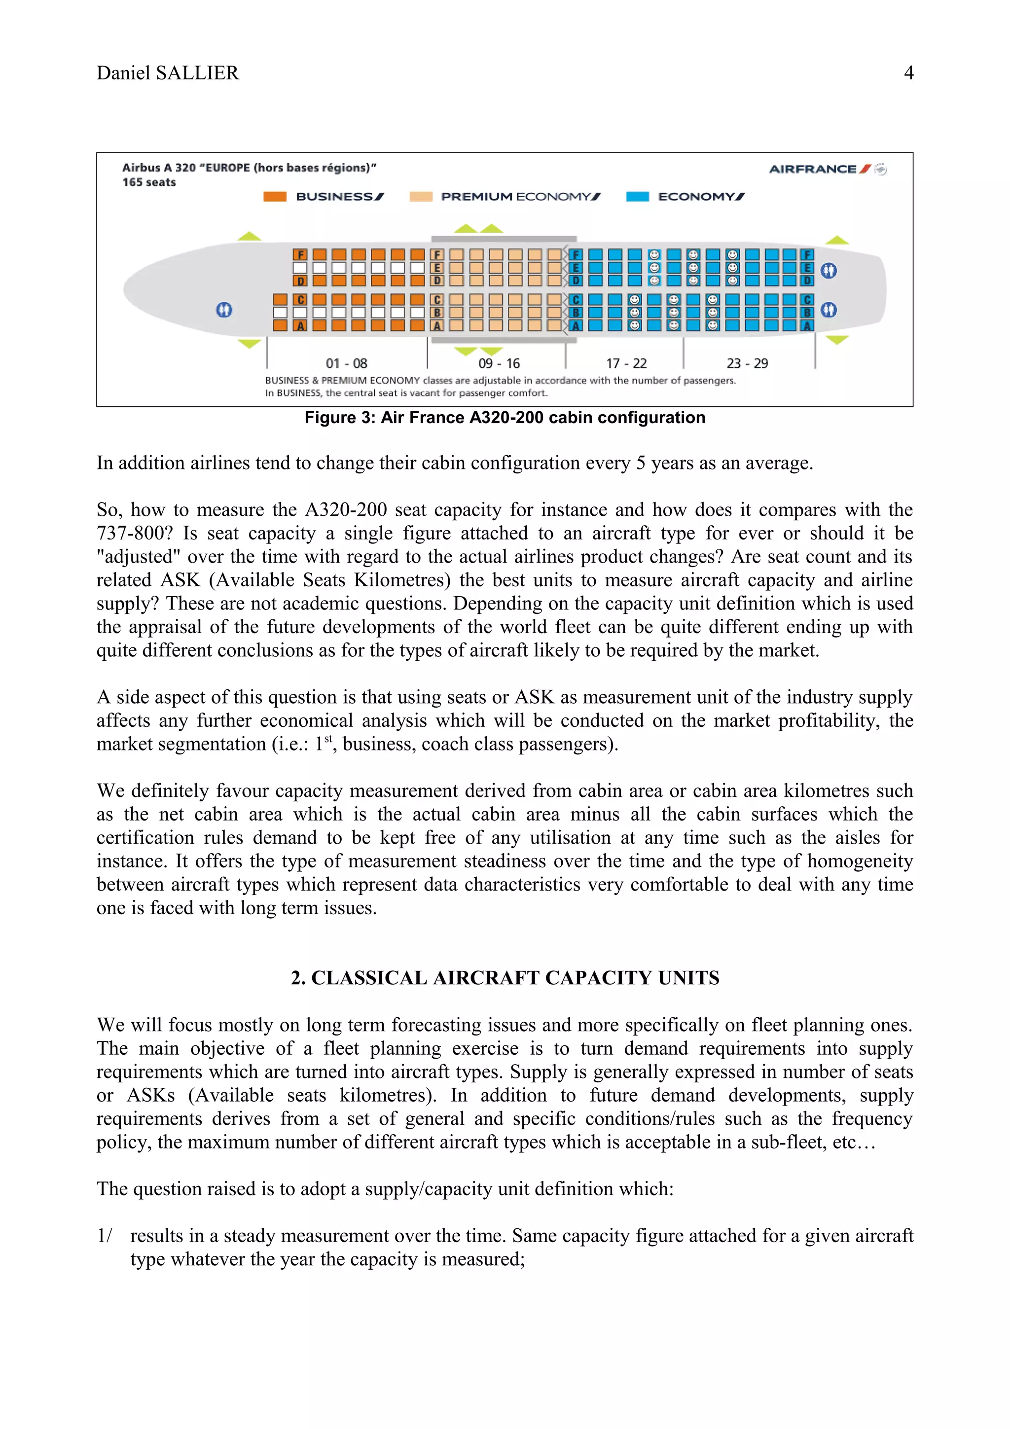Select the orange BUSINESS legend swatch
click(x=274, y=197)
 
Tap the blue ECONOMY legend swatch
click(x=637, y=197)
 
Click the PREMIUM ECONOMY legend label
click(x=520, y=197)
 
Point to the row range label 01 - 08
click(x=347, y=363)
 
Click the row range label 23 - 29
click(x=747, y=363)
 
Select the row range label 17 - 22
click(x=626, y=363)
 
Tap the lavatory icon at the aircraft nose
click(x=224, y=309)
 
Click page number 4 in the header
click(x=908, y=73)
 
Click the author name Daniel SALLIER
click(x=167, y=73)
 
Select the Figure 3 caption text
click(x=504, y=418)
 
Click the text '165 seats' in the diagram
click(x=149, y=182)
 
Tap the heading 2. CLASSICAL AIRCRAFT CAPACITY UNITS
click(x=505, y=978)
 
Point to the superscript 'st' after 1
click(x=328, y=739)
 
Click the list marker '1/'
click(x=105, y=1235)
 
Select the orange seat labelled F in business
click(x=300, y=254)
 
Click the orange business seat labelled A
click(x=300, y=325)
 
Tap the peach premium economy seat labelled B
click(x=437, y=313)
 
